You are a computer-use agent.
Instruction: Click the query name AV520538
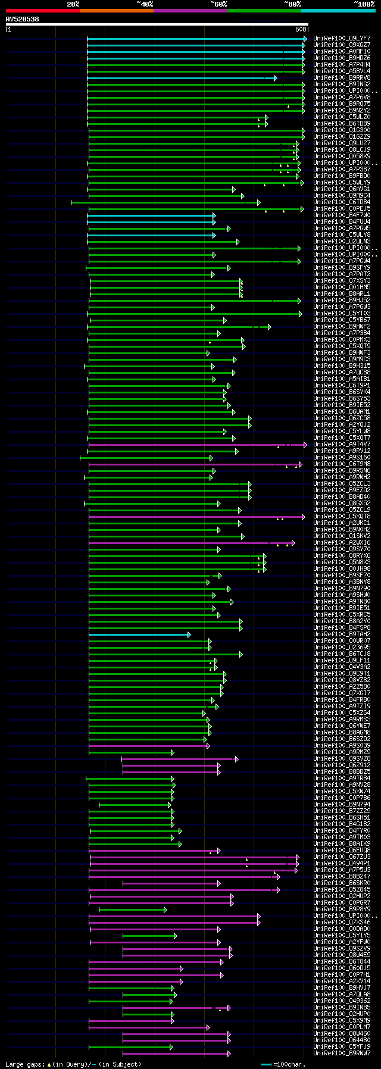pos(23,19)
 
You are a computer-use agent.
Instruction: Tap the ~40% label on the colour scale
pos(145,4)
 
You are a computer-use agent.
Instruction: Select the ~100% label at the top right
pos(364,4)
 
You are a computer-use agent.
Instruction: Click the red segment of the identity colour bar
pos(42,10)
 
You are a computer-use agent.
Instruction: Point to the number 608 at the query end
pos(300,29)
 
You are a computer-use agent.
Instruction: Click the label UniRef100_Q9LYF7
pos(341,39)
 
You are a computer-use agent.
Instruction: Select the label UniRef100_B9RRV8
pos(341,78)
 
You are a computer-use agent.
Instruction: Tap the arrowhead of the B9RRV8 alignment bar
pos(275,78)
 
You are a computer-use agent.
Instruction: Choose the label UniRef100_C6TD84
pos(341,202)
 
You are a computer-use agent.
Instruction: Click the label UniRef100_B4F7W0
pos(341,215)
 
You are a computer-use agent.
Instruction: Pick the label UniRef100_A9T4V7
pos(341,445)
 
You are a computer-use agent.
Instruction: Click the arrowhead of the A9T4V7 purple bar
pos(305,445)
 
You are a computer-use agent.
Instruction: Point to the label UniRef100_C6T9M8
pos(341,464)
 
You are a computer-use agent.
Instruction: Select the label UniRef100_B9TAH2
pos(341,634)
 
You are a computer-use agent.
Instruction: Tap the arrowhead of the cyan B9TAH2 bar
pos(189,634)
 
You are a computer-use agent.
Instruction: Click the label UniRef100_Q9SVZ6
pos(341,759)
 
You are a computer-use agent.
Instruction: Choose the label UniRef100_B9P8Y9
pos(341,909)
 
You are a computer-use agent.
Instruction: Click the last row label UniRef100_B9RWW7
pos(341,1054)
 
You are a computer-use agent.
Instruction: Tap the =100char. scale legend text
pos(289,1064)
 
